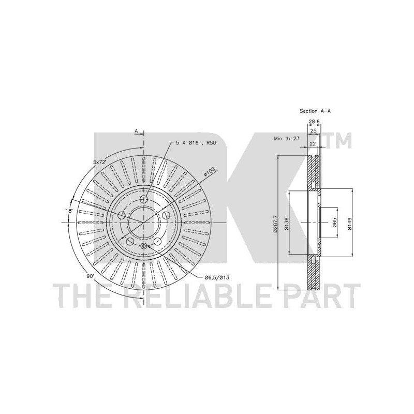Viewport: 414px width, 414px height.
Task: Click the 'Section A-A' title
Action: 315,111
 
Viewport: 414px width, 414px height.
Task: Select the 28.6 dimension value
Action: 314,122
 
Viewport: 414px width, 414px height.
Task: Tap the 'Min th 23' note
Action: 287,138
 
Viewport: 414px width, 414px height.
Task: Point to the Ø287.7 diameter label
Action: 276,224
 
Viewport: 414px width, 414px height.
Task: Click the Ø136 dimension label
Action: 287,224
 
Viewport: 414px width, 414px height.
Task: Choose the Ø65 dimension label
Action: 334,223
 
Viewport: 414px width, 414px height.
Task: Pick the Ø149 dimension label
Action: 350,224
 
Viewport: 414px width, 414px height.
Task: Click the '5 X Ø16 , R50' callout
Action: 196,143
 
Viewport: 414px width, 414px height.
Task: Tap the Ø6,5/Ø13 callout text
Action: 217,277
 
